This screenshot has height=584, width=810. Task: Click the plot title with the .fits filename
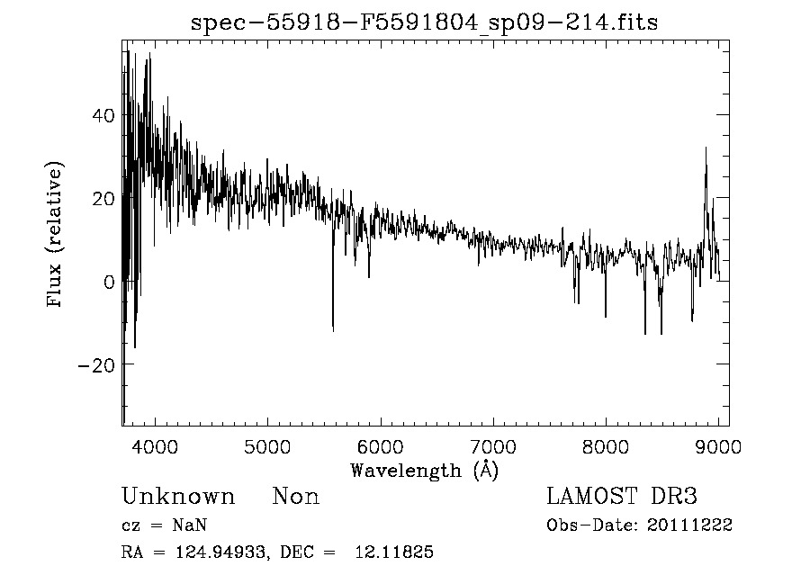click(425, 22)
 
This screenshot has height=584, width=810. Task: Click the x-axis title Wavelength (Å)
click(424, 470)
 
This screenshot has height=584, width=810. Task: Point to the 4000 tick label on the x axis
click(156, 446)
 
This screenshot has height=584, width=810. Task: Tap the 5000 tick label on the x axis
click(268, 446)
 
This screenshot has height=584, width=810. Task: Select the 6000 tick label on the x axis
click(381, 446)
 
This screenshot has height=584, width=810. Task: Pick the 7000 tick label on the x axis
click(493, 446)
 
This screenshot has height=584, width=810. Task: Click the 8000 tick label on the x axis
click(606, 446)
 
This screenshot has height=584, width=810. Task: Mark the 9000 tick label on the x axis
click(717, 446)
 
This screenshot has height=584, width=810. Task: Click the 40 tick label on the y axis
click(104, 115)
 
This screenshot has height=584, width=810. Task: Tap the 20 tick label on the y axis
click(104, 198)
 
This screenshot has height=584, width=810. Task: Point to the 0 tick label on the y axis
click(110, 282)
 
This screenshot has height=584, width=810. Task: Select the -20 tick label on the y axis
click(97, 364)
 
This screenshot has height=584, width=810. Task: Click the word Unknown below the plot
click(178, 497)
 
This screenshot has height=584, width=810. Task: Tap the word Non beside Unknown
click(296, 497)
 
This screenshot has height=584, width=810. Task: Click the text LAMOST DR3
click(623, 497)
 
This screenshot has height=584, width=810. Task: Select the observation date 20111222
click(689, 526)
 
